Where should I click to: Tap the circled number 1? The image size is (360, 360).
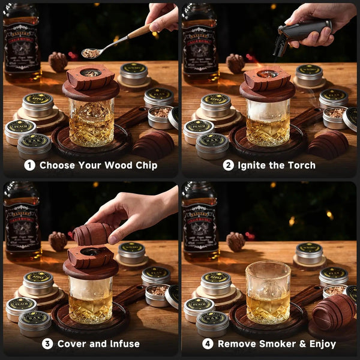point(29,164)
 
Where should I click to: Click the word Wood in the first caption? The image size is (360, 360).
point(117,164)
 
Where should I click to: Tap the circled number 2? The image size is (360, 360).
point(228,164)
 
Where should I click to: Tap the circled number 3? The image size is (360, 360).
point(47,344)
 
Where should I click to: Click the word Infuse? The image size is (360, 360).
point(122,344)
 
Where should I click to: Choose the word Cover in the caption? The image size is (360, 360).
point(73,344)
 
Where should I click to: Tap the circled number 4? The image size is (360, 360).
point(208,344)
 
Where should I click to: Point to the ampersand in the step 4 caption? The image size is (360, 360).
point(297,344)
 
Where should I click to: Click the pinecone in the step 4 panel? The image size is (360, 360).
point(236,241)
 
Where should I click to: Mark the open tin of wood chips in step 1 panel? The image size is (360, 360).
point(160,117)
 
